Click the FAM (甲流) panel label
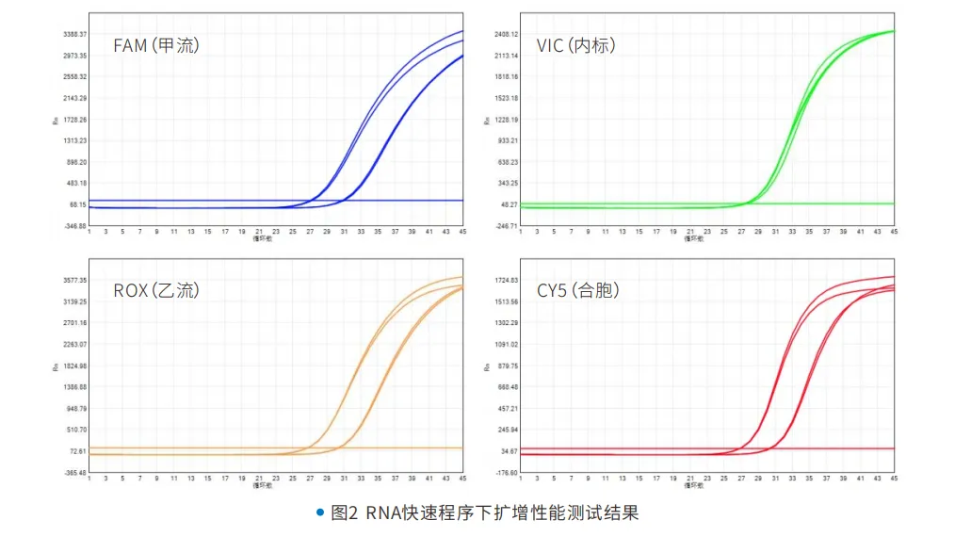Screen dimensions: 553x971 [155, 45]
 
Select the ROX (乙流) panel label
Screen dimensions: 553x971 [156, 290]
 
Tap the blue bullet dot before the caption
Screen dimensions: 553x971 [320, 513]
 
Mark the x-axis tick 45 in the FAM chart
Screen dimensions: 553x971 [462, 232]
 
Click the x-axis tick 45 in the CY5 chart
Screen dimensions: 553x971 [894, 479]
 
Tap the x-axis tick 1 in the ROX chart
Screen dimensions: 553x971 [89, 479]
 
